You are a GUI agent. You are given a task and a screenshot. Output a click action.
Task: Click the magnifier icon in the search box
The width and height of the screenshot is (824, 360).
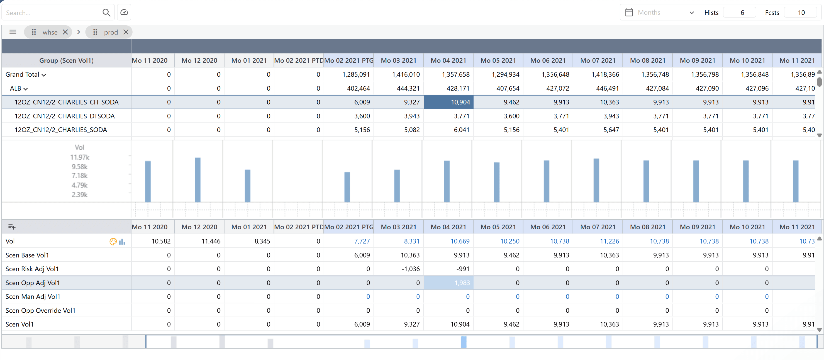106,13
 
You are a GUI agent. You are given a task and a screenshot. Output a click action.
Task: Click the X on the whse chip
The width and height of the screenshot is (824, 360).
65,32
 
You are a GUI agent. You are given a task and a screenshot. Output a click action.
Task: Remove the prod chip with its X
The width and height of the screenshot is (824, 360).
126,32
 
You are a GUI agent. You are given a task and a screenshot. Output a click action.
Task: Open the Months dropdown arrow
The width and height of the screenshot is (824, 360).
691,13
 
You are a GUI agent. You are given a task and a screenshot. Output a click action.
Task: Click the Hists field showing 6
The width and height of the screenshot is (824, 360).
742,13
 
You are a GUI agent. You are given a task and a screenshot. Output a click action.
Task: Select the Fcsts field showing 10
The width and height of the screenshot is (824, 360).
801,13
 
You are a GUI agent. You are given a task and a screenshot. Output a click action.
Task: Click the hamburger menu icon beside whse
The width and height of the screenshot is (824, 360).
13,32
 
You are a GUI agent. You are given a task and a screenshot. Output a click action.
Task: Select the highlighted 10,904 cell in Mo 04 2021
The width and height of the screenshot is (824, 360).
448,102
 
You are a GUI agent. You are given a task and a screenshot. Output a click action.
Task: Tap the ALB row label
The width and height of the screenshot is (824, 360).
15,88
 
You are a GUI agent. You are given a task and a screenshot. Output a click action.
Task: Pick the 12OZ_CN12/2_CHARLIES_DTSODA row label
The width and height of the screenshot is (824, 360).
64,116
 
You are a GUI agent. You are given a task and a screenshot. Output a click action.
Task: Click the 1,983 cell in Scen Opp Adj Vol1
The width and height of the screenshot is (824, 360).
448,283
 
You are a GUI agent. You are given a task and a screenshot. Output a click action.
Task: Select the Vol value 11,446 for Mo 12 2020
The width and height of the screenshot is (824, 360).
211,241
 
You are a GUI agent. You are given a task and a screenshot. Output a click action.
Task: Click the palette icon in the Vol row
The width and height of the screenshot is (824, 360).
113,242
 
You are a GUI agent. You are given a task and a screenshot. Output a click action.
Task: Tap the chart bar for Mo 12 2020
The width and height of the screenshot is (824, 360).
198,179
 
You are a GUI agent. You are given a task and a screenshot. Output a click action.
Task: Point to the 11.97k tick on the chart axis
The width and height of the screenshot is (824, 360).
80,157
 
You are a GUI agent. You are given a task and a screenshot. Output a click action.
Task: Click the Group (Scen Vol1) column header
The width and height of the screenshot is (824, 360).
66,60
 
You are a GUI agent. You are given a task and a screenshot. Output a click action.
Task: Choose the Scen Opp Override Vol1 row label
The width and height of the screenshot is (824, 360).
40,310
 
